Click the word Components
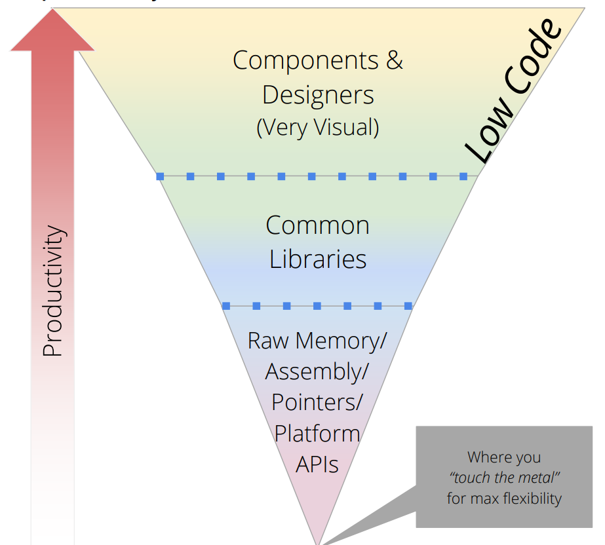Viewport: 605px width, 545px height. tap(305, 60)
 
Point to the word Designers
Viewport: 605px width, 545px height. tap(318, 94)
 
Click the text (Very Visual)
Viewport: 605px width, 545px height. tap(318, 126)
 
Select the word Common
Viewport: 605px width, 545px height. tap(318, 225)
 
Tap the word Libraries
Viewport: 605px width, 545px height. tap(318, 259)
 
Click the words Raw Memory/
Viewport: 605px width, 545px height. tap(317, 341)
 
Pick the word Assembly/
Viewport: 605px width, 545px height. tap(317, 371)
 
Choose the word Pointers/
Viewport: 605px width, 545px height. tap(317, 402)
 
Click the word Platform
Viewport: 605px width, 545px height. tap(317, 433)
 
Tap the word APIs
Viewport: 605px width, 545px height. tap(317, 464)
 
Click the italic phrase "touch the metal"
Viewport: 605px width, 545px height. tap(504, 478)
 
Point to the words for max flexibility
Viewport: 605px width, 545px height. tap(504, 498)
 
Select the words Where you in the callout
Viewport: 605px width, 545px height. tap(504, 457)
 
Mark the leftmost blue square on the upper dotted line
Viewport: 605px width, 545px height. tap(160, 176)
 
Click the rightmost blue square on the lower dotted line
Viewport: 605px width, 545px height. tap(408, 306)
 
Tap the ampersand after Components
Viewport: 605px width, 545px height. tap(394, 60)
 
